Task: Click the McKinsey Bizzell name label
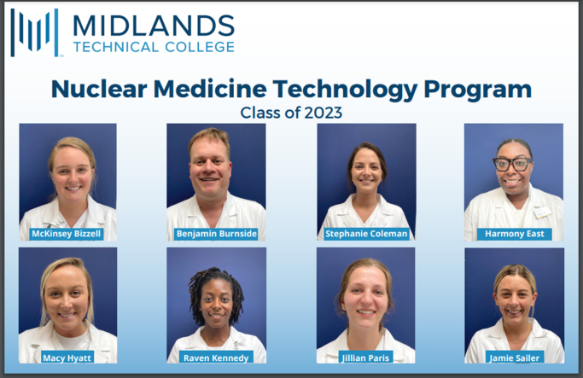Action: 67,234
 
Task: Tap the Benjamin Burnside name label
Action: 217,234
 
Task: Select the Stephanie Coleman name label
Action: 366,234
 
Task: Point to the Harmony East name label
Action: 514,234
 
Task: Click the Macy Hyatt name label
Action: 67,358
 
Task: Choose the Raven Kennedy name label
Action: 216,358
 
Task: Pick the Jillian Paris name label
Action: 365,358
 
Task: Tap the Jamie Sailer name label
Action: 514,358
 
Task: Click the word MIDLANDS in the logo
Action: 154,26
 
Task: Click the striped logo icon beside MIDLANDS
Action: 35,32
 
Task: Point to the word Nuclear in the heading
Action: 99,90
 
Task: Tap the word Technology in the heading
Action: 346,90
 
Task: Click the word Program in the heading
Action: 478,90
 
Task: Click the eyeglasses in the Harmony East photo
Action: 513,164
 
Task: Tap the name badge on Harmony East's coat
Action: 542,213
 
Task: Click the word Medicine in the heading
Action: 210,90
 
